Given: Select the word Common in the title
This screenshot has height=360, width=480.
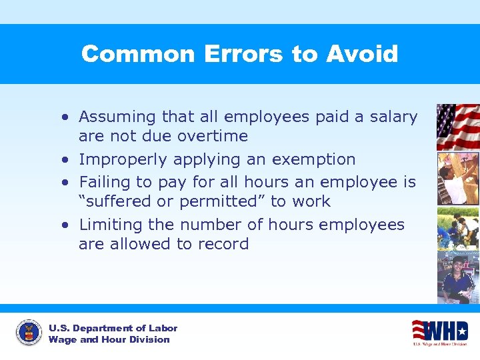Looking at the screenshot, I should coord(124,54).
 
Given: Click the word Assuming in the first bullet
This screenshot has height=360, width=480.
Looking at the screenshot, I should coord(115,117).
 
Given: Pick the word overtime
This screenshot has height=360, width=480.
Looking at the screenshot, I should coord(213,136).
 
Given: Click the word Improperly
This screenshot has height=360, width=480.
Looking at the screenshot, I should coord(123,159).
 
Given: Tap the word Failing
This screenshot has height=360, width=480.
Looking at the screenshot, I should coord(103,182).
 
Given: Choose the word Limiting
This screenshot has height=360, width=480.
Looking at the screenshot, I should coord(107,225).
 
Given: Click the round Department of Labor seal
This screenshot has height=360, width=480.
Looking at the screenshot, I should coord(29,333).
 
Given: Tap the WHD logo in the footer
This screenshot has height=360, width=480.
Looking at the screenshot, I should coord(439,331).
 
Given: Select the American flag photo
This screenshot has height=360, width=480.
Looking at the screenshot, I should coord(457,127).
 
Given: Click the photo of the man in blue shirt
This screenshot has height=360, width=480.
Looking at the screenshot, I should coord(457,277).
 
